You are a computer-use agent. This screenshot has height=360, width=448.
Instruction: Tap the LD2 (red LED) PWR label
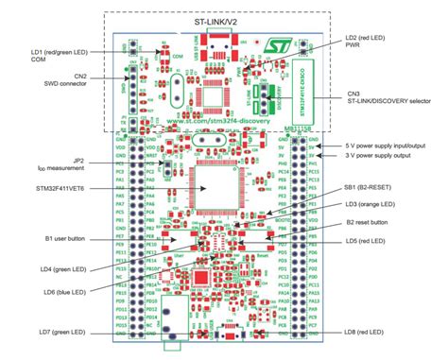pos(364,41)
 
